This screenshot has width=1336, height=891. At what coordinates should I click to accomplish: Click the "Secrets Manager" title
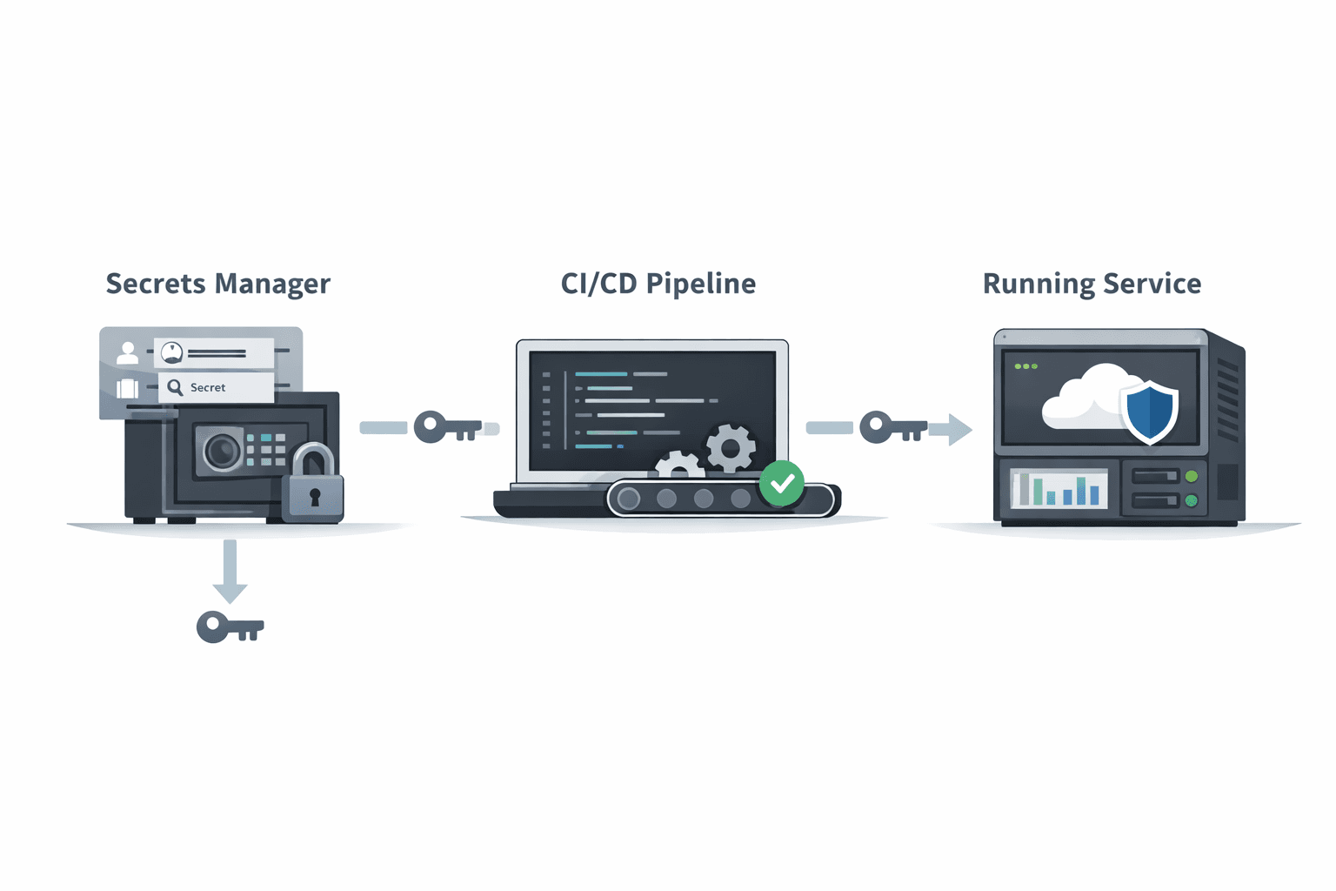pyautogui.click(x=217, y=284)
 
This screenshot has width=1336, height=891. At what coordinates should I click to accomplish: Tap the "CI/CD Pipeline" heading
pyautogui.click(x=658, y=284)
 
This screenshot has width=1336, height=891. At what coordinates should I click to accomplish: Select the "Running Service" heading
pyautogui.click(x=1092, y=284)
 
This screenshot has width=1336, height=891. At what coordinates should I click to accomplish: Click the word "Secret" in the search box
pyautogui.click(x=208, y=387)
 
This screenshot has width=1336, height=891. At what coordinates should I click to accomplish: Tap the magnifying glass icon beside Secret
pyautogui.click(x=175, y=388)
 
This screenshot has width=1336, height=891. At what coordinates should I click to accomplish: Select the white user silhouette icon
pyautogui.click(x=127, y=352)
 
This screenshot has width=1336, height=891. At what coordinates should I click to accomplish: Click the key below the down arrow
pyautogui.click(x=230, y=626)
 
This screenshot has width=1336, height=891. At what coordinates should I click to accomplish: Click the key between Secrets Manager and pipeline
pyautogui.click(x=447, y=426)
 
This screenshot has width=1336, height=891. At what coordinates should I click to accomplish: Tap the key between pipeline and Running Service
pyautogui.click(x=893, y=426)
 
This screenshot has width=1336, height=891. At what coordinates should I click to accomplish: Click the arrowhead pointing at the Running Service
pyautogui.click(x=959, y=430)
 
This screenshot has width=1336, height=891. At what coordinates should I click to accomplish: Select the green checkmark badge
pyautogui.click(x=782, y=483)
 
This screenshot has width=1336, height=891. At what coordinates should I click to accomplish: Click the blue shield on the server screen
pyautogui.click(x=1149, y=412)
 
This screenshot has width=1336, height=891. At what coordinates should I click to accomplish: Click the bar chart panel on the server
pyautogui.click(x=1058, y=488)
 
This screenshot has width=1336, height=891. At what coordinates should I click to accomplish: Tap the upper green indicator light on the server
pyautogui.click(x=1192, y=476)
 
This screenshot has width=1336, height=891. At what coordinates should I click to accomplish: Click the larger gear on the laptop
pyautogui.click(x=731, y=449)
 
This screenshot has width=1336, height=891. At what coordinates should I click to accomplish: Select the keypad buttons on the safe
pyautogui.click(x=266, y=450)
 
